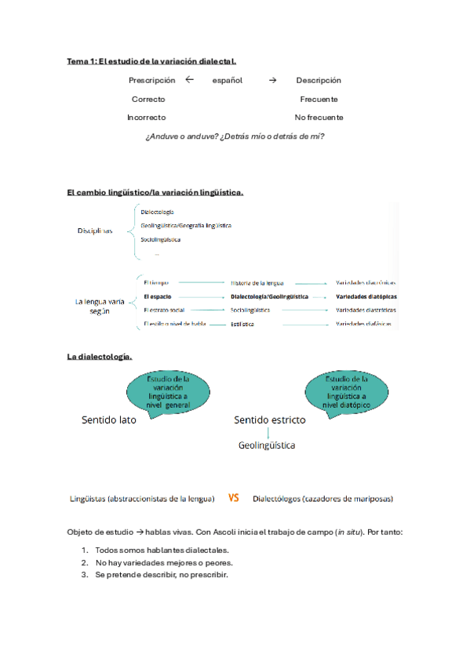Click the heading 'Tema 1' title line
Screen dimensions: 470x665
point(151,60)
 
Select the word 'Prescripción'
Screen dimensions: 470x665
point(152,80)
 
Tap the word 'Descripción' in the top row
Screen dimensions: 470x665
point(319,80)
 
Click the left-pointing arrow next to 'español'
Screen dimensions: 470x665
point(189,79)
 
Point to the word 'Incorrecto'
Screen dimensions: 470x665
point(147,118)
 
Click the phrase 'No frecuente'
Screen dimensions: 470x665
point(319,118)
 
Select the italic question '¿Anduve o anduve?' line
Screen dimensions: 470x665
point(235,136)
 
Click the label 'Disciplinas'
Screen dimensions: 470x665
point(95,231)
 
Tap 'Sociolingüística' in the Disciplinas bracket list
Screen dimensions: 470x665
point(161,239)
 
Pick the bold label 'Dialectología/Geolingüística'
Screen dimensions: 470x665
point(269,297)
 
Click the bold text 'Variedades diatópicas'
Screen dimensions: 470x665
point(366,297)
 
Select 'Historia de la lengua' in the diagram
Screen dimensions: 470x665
point(257,282)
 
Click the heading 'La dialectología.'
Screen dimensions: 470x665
point(100,358)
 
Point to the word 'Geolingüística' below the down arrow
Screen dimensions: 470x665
point(267,445)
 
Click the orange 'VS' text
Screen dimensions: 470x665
point(234,497)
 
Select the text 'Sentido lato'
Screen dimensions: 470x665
point(109,420)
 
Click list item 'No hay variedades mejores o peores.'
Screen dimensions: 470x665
point(164,563)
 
